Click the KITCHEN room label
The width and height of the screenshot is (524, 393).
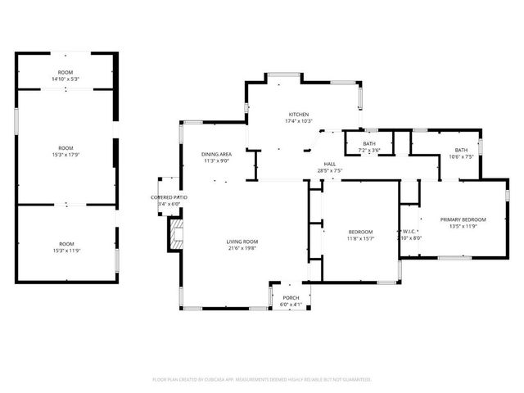pos(298,114)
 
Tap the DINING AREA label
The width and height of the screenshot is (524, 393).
pos(217,154)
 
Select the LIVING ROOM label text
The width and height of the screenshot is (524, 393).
pos(242,242)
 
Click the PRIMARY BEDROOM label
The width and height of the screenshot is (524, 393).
pos(463,219)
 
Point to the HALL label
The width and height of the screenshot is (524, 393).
pos(329,164)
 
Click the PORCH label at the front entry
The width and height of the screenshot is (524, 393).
pos(291,297)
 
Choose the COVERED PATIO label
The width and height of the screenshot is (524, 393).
pos(169,197)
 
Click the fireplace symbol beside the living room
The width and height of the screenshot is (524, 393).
pos(175,235)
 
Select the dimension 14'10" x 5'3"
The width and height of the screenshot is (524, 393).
pos(65,79)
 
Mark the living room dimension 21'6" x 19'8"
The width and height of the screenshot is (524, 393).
pos(242,249)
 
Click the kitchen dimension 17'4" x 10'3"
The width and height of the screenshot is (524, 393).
pos(298,121)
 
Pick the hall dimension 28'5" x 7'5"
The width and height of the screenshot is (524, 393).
pos(329,170)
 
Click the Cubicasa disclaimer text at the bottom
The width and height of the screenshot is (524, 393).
pos(262,380)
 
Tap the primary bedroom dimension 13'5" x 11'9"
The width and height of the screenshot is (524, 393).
pos(463,227)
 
